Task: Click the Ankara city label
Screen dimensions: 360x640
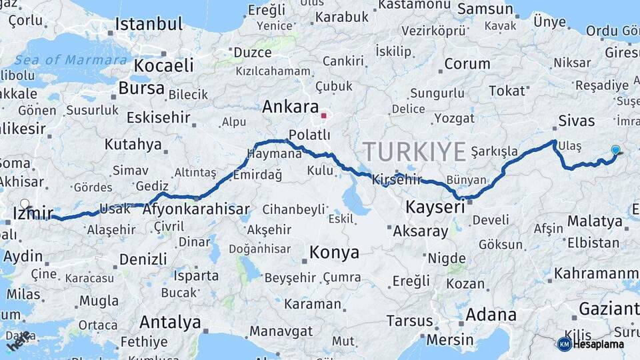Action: tap(290, 107)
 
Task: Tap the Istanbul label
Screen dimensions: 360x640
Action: tap(148, 25)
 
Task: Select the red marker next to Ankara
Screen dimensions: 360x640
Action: tap(324, 115)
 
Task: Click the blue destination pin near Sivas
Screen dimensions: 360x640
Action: tap(615, 151)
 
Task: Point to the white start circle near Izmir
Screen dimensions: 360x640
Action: tap(25, 204)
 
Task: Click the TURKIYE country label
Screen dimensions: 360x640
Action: tap(415, 152)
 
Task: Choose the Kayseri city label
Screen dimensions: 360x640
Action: tap(435, 208)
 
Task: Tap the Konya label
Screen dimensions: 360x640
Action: tap(334, 253)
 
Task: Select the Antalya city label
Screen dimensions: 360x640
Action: tap(170, 323)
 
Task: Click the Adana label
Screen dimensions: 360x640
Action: tap(491, 314)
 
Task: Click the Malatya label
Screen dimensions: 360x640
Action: tap(595, 221)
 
